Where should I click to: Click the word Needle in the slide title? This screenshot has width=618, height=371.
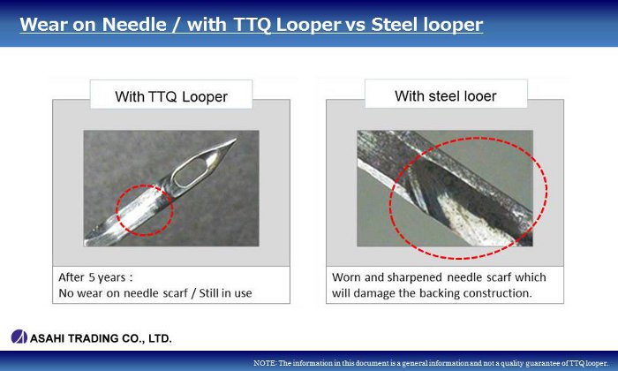pyautogui.click(x=134, y=25)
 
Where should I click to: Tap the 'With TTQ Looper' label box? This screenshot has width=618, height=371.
pyautogui.click(x=171, y=95)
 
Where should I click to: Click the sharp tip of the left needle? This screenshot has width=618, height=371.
pyautogui.click(x=236, y=140)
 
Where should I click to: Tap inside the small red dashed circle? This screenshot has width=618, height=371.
pyautogui.click(x=145, y=210)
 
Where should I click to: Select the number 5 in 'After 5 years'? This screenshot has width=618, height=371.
pyautogui.click(x=92, y=277)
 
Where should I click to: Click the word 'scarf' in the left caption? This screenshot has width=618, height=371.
pyautogui.click(x=176, y=293)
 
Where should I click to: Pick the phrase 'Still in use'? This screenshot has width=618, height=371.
pyautogui.click(x=225, y=293)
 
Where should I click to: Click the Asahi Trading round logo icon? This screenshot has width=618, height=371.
pyautogui.click(x=19, y=337)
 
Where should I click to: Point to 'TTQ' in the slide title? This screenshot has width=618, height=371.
pyautogui.click(x=252, y=25)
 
